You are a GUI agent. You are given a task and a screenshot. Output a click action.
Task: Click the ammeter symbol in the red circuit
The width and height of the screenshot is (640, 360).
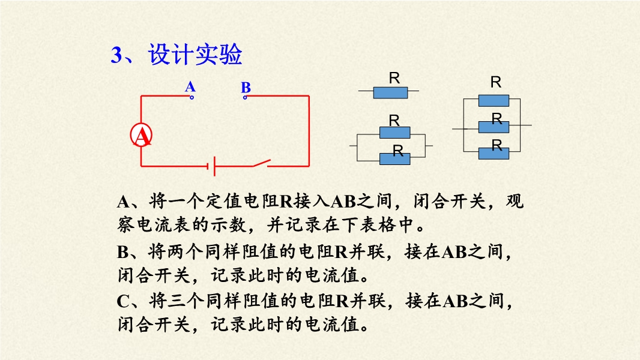click(141, 136)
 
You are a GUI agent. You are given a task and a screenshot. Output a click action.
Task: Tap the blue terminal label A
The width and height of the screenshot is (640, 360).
click(190, 86)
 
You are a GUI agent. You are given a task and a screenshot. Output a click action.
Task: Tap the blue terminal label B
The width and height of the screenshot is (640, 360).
click(246, 87)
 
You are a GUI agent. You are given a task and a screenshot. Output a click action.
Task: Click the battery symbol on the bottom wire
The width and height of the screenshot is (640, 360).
click(211, 166)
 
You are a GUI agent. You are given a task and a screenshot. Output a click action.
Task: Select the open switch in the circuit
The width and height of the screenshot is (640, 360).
click(261, 163)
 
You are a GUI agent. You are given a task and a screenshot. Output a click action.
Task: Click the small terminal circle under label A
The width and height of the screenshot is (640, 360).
click(192, 97)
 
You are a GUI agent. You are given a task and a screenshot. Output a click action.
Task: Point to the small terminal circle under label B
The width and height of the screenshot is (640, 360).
click(245, 97)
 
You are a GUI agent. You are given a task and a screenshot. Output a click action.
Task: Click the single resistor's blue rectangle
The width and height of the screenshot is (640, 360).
click(391, 92)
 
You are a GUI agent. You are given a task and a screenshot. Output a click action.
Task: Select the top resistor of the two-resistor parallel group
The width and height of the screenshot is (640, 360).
click(394, 133)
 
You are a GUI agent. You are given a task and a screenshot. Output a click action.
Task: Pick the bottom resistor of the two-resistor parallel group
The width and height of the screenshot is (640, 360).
click(394, 158)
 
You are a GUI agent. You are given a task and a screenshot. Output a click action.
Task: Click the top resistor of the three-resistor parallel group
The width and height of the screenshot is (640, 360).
click(494, 101)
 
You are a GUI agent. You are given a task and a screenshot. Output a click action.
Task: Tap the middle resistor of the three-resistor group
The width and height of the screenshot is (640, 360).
click(494, 127)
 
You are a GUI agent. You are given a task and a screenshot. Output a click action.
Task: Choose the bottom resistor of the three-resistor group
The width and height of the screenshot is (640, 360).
click(494, 153)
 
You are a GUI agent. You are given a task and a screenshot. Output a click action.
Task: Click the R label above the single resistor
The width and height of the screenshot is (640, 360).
click(394, 78)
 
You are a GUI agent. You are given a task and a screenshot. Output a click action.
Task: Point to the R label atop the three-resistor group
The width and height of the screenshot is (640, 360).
click(496, 82)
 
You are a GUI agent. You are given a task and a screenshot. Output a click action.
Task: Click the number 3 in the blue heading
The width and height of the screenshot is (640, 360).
click(116, 55)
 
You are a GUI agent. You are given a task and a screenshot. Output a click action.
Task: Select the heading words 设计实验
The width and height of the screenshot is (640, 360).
click(195, 54)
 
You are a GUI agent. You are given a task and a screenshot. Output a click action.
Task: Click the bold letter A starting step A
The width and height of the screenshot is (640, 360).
click(123, 202)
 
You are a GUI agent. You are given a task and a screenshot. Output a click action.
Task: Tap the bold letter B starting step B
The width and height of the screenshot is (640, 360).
click(123, 252)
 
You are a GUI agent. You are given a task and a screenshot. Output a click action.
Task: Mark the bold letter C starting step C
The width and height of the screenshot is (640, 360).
click(123, 302)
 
